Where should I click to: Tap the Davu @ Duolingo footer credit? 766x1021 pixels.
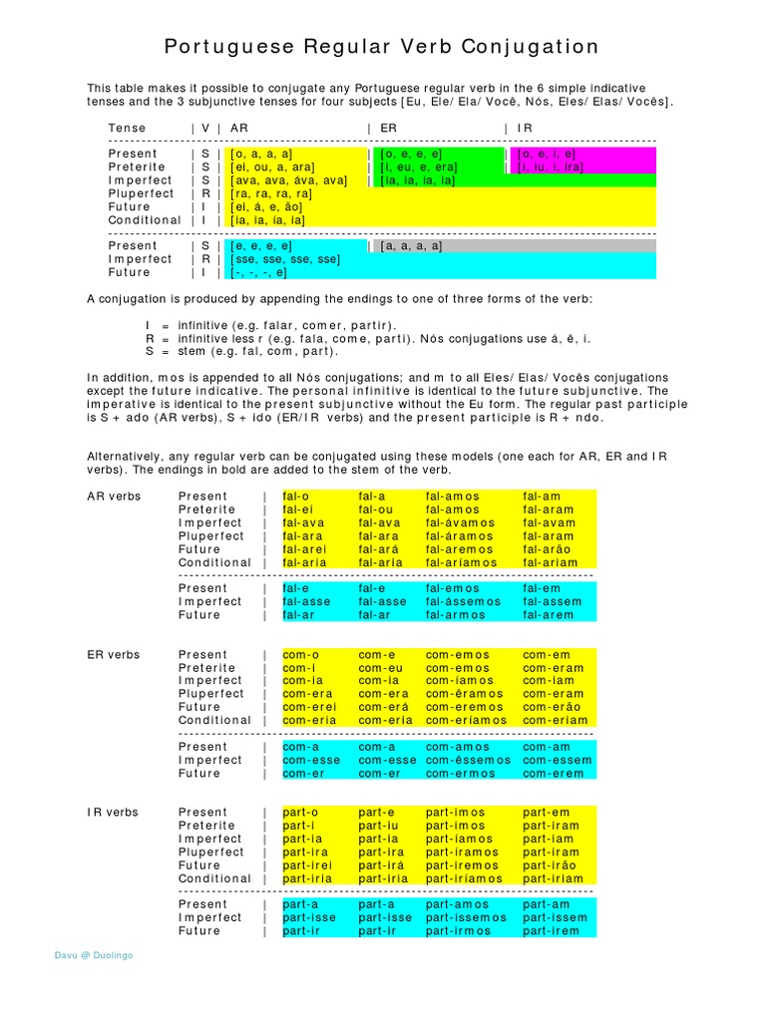point(94,955)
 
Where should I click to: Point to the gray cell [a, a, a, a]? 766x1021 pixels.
point(411,246)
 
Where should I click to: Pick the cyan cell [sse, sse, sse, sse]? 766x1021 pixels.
point(284,259)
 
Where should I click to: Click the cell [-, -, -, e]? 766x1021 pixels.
point(259,272)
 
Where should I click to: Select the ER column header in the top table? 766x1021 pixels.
point(389,129)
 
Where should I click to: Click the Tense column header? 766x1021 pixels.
point(128,129)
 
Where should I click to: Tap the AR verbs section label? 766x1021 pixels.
point(115,497)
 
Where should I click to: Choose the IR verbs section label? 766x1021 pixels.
point(113,813)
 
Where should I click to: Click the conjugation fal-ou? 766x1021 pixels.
point(376,510)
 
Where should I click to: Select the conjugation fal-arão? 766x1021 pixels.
point(549,549)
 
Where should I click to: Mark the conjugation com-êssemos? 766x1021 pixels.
point(468,760)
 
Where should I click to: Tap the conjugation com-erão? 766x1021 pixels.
point(551,707)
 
